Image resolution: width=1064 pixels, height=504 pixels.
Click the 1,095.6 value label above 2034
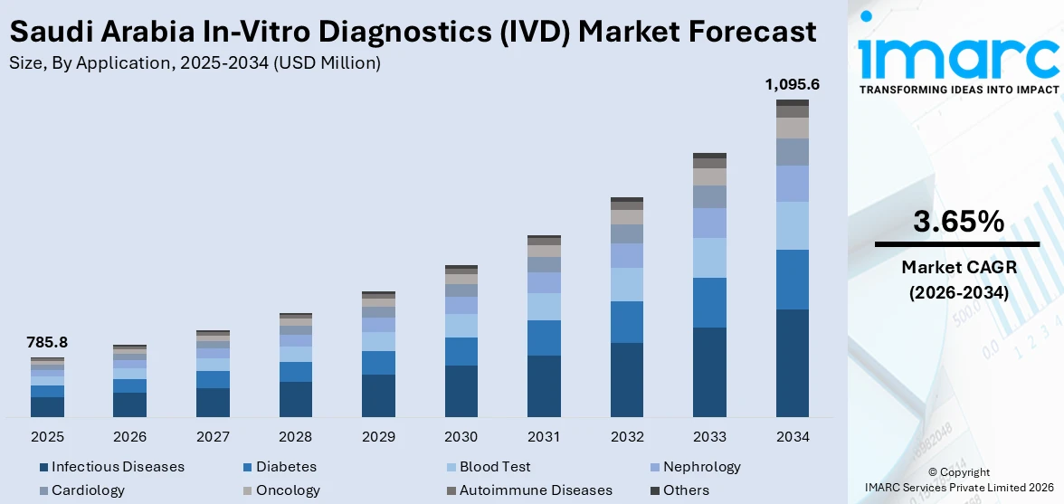coord(792,85)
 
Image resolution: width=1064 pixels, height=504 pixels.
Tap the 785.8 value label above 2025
coord(47,343)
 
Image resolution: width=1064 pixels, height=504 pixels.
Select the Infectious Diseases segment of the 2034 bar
coord(792,363)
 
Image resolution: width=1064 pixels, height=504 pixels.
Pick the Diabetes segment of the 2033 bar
coord(709,302)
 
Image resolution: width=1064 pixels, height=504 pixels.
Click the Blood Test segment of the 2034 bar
coord(792,225)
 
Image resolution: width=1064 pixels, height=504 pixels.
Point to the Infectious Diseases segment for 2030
coord(461,391)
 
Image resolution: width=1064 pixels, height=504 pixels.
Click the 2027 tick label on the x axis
coord(213,437)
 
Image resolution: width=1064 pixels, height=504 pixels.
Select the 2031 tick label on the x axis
coord(544,437)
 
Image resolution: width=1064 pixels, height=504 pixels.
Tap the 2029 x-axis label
coord(378,437)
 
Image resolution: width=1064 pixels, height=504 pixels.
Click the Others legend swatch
coord(655,490)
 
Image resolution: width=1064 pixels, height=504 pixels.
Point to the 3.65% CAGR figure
coord(958,222)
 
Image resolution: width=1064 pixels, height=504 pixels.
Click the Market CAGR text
coord(958,267)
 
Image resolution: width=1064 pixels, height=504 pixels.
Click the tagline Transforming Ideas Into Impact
coord(958,90)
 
